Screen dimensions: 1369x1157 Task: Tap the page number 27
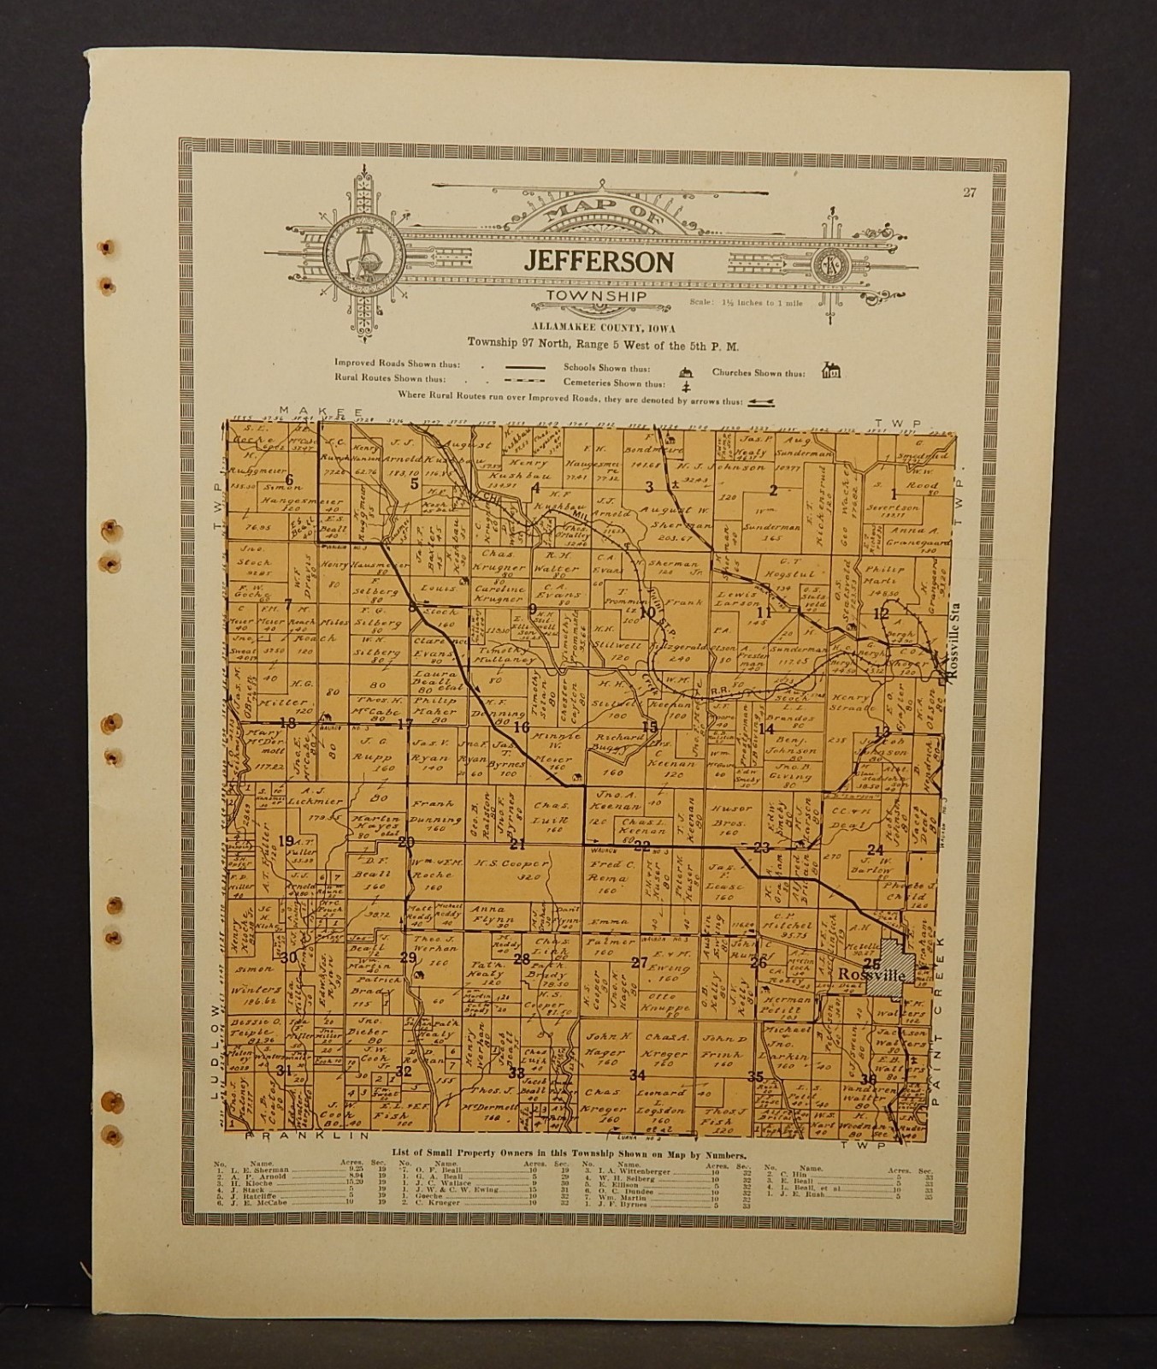pos(967,193)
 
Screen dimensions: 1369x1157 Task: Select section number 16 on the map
pos(522,726)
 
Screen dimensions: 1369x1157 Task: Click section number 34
pos(637,1076)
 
